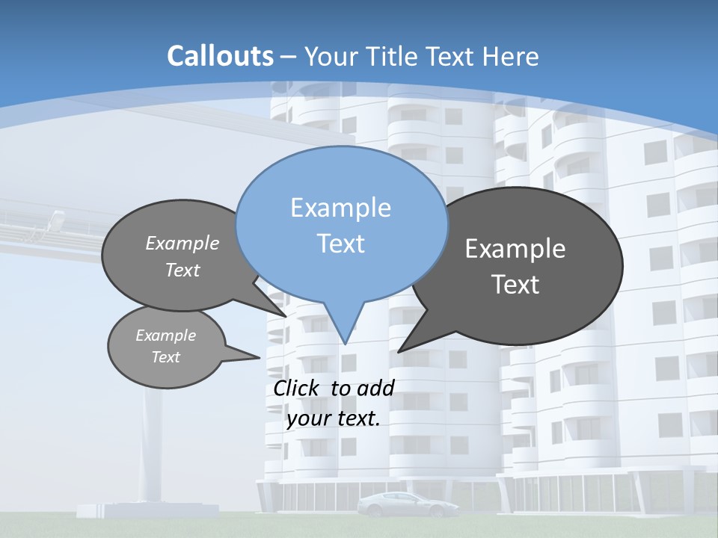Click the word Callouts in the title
coord(220,56)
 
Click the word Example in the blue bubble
coord(340,208)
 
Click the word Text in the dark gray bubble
coord(515,285)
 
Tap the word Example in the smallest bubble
coord(166,336)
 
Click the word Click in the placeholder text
coord(297,388)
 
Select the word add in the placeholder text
coord(375,388)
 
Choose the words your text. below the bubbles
coord(334,418)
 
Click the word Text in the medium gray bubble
coord(182,270)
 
